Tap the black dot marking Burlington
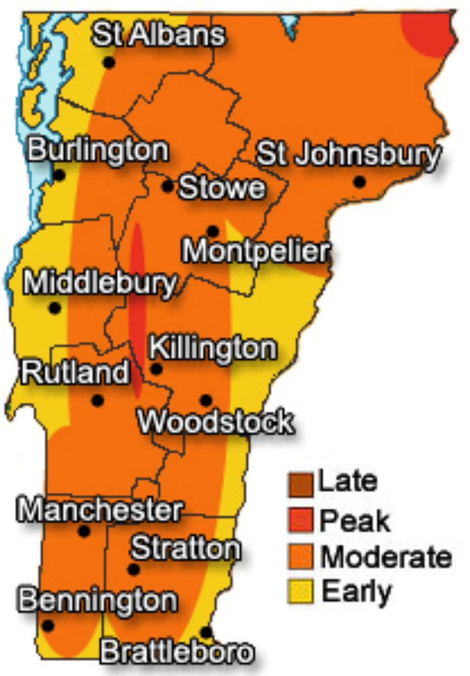(x=59, y=175)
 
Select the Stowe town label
(x=222, y=188)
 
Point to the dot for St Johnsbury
(x=360, y=182)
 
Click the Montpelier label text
(x=256, y=252)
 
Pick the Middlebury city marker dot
(x=54, y=308)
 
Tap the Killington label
(x=213, y=349)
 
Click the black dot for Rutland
(x=97, y=400)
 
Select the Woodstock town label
(x=215, y=422)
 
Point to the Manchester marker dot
(x=84, y=531)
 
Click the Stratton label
(x=185, y=548)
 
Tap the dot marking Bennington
(x=48, y=626)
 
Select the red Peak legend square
(x=300, y=521)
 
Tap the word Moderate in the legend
(x=386, y=557)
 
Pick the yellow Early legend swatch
(x=300, y=591)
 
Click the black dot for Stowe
(x=167, y=186)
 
